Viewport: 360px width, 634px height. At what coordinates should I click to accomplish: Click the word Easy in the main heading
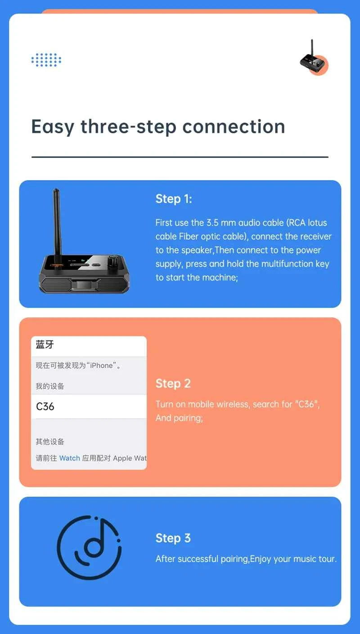[52, 127]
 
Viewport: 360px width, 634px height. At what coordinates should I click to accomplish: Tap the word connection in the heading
[234, 127]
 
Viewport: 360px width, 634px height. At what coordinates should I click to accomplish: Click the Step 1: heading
[174, 199]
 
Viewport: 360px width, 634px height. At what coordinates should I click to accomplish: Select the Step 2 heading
[173, 384]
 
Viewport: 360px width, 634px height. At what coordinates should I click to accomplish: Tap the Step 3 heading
[173, 538]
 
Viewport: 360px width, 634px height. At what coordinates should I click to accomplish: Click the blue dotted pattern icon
[46, 60]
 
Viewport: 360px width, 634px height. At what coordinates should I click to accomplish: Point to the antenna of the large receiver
[57, 221]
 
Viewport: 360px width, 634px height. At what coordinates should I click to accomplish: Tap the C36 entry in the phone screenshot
[45, 407]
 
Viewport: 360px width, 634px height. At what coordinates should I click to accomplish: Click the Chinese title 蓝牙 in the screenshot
[45, 345]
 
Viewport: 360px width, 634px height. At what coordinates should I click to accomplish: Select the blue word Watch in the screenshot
[69, 458]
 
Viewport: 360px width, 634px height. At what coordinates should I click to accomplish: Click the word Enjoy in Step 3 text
[261, 559]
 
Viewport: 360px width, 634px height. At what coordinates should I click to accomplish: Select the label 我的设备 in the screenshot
[50, 386]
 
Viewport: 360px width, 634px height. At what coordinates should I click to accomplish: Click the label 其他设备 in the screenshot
[50, 442]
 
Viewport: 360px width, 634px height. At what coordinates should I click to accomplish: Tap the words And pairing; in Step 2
[179, 418]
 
